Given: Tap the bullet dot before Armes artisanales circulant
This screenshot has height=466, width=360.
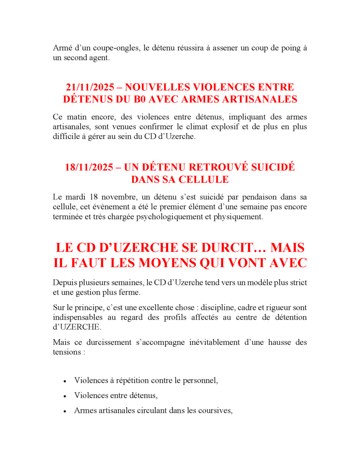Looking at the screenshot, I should click(65, 411).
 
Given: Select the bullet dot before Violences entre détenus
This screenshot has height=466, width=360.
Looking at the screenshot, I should click(65, 396).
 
